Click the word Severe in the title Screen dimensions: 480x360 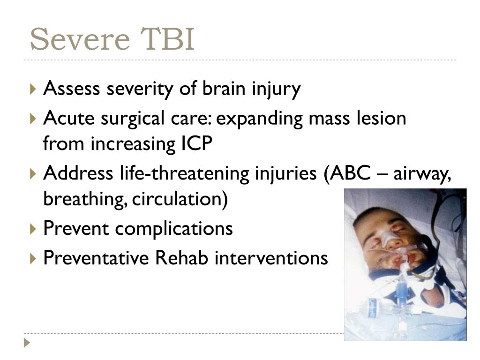pyautogui.click(x=80, y=39)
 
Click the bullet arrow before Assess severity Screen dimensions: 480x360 pyautogui.click(x=33, y=89)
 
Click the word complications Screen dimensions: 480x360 pyautogui.click(x=174, y=229)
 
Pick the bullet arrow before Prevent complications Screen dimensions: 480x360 pyautogui.click(x=33, y=229)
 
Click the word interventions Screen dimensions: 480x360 pyautogui.click(x=271, y=258)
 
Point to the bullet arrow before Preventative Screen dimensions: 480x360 pyautogui.click(x=33, y=259)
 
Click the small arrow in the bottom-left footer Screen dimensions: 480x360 pyautogui.click(x=27, y=343)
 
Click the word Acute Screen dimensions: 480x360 pyautogui.click(x=69, y=118)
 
